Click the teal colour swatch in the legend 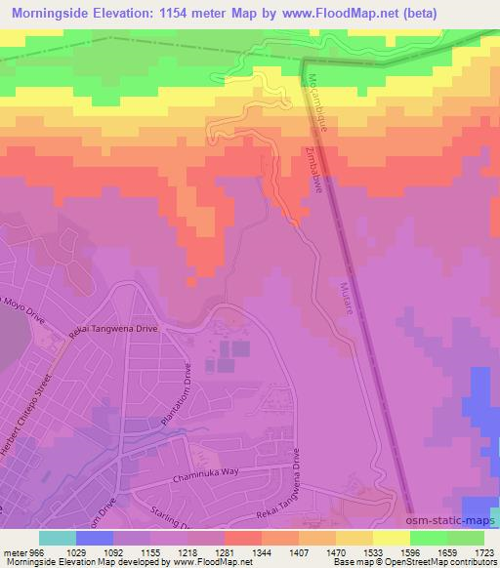click(59, 538)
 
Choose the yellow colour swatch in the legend click(391, 538)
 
